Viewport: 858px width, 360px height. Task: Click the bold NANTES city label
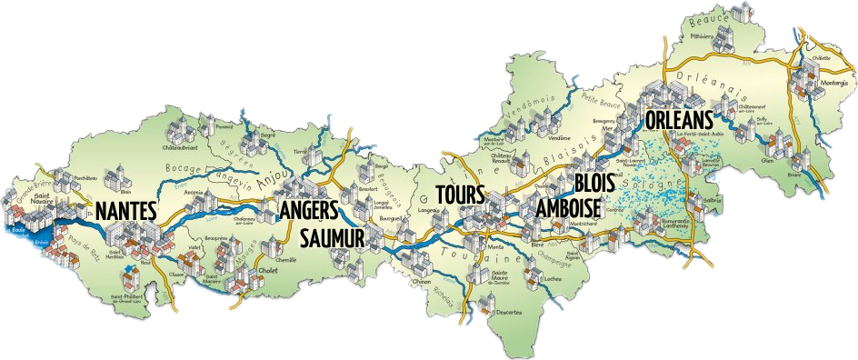126,211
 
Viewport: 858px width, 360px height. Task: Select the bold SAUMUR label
333,238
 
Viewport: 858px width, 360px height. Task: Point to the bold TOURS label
460,195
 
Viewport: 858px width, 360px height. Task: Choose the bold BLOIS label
595,182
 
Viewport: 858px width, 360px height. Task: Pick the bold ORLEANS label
679,120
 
